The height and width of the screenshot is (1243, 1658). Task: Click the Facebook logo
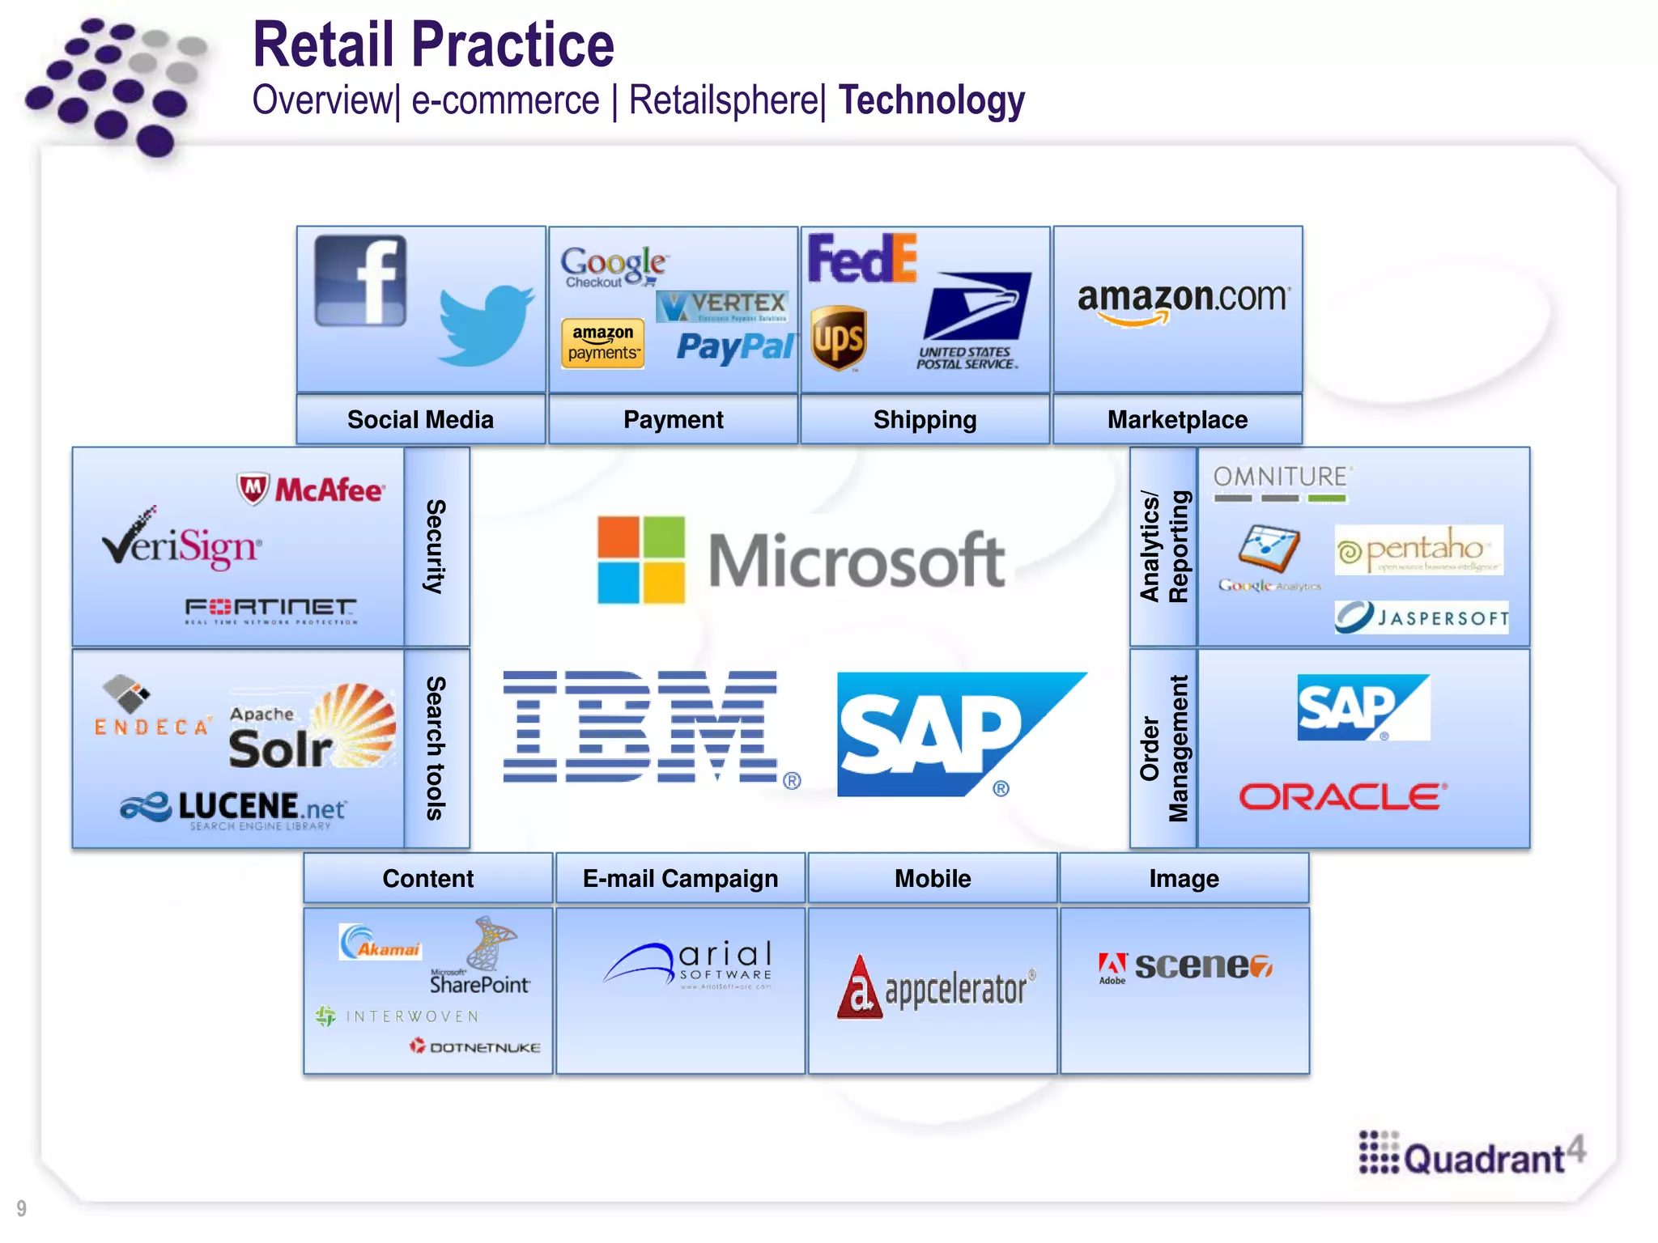pos(360,281)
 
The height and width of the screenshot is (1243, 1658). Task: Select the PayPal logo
pos(735,347)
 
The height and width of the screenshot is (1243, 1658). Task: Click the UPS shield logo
pos(839,338)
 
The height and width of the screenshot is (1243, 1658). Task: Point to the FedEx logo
pos(862,259)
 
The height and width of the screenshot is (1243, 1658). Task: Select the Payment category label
pos(673,419)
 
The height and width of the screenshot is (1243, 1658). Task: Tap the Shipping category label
pos(925,419)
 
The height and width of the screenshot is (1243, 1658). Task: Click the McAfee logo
pos(312,490)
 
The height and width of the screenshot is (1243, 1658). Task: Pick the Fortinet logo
pos(270,609)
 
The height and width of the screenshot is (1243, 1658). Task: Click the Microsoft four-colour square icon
pos(641,560)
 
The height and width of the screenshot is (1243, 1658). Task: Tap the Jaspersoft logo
pos(1422,617)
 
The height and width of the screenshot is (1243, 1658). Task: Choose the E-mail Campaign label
pos(680,878)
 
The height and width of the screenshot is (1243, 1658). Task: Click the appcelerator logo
pos(936,987)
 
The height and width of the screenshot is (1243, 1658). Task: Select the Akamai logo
pos(380,943)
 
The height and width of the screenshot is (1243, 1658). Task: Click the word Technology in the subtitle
pos(931,101)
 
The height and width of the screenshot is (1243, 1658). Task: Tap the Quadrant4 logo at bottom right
pos(1472,1154)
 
